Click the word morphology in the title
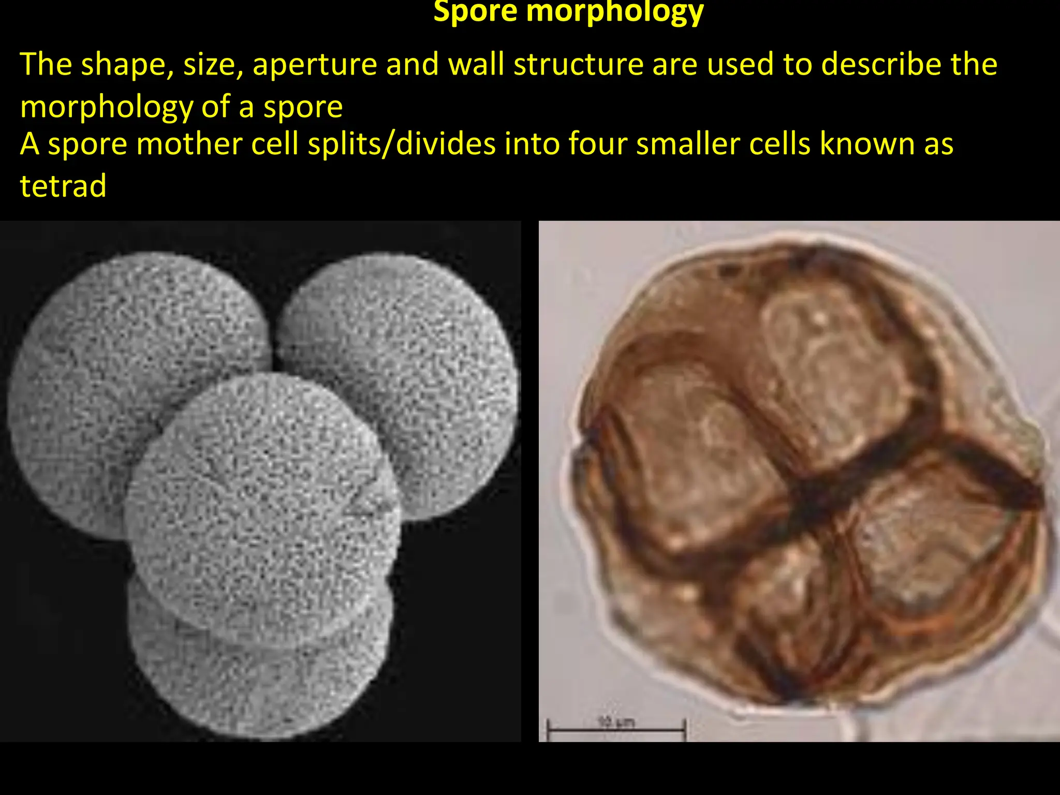[x=615, y=12]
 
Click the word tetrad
[x=63, y=186]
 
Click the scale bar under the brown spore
[x=616, y=730]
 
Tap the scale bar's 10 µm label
[x=616, y=720]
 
